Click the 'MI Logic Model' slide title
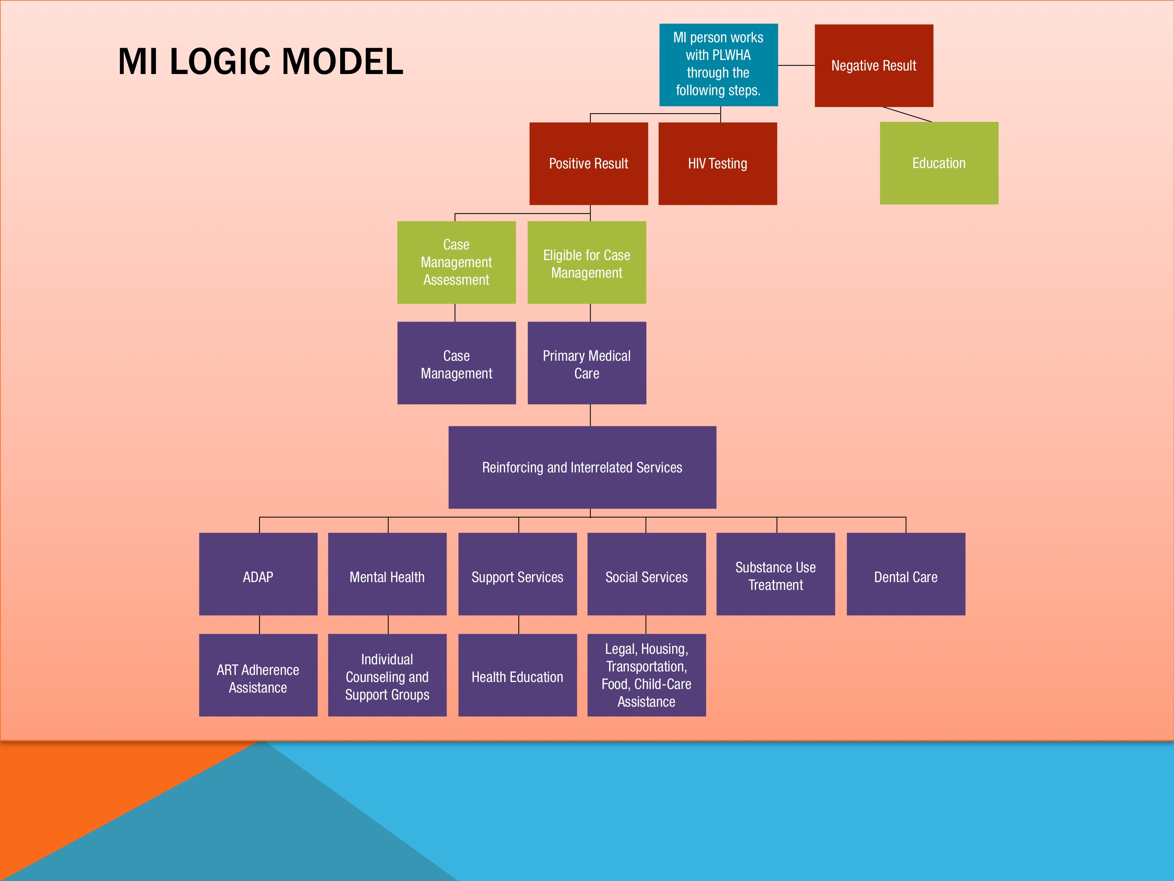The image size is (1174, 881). (x=261, y=61)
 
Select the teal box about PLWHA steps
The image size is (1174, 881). (x=719, y=65)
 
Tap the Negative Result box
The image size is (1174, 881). (x=874, y=65)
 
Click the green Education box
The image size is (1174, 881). (x=939, y=163)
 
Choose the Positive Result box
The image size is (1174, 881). (x=589, y=164)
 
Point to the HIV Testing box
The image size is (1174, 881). (x=718, y=164)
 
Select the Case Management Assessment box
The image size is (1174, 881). (x=456, y=262)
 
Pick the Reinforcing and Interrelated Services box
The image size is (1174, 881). (x=582, y=467)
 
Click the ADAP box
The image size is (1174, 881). (x=258, y=574)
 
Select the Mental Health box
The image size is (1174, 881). (x=388, y=574)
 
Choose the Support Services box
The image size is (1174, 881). (x=518, y=574)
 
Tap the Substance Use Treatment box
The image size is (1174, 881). (x=776, y=574)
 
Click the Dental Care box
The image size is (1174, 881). (x=906, y=574)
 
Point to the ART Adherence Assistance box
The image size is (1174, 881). (x=258, y=675)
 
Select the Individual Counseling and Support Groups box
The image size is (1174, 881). (x=388, y=675)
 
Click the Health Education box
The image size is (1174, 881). (x=518, y=675)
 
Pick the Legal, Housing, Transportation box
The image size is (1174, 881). (x=646, y=675)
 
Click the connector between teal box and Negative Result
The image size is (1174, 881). (x=797, y=65)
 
